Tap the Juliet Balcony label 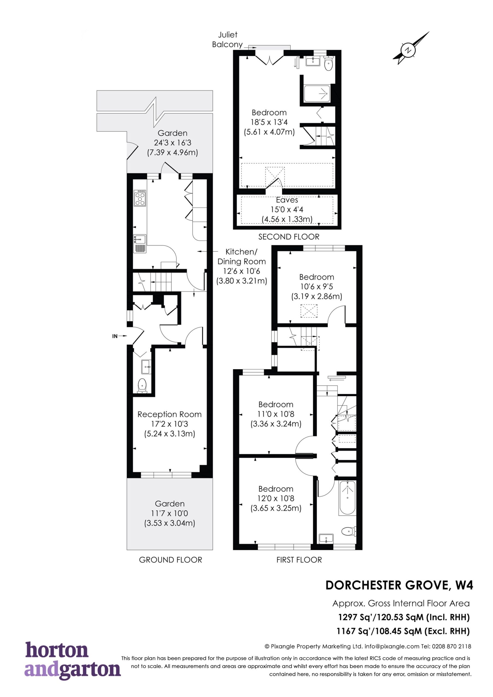[x=227, y=39]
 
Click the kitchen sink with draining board [x=140, y=243]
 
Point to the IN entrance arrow [x=120, y=336]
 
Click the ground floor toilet [x=142, y=386]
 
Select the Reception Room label [x=169, y=414]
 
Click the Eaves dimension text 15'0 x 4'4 [x=287, y=209]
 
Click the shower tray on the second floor [x=317, y=94]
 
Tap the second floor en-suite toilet [x=328, y=63]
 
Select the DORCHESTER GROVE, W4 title [x=399, y=585]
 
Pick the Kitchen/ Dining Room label [x=242, y=256]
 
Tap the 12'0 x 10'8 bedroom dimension [x=276, y=498]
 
